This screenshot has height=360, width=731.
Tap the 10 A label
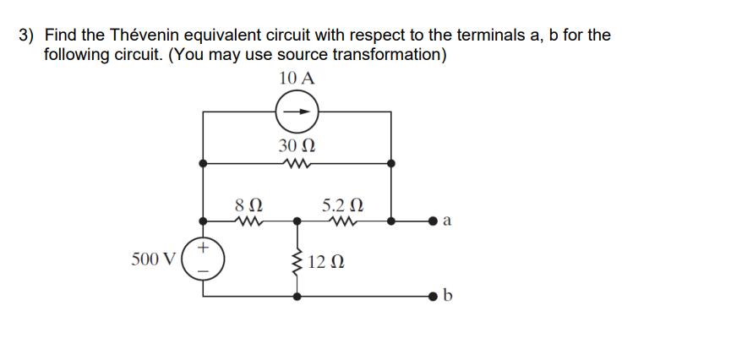point(297,79)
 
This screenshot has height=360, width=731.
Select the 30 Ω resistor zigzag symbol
point(297,164)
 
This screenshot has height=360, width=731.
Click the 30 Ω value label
point(297,145)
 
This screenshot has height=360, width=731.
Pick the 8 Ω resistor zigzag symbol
point(249,223)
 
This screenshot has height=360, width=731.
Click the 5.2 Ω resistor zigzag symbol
point(344,223)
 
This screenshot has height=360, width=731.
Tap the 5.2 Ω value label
point(344,205)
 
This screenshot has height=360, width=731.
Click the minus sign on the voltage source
point(203,271)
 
